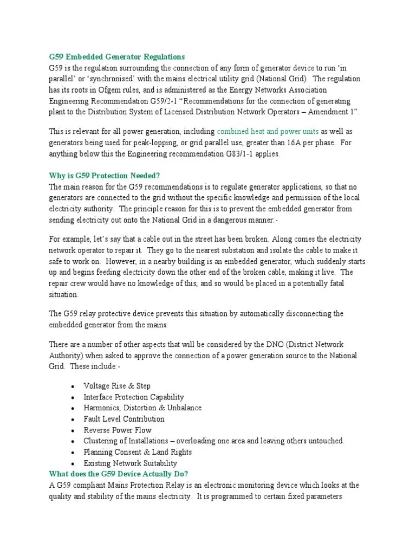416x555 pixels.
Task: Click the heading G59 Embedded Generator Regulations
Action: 116,57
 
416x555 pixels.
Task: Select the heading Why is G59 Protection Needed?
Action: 105,176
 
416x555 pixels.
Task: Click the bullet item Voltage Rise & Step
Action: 117,386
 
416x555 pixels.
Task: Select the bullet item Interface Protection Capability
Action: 134,397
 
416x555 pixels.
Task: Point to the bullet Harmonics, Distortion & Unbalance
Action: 142,408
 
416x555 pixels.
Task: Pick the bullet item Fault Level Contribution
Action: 124,419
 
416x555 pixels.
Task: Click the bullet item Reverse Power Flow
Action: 118,430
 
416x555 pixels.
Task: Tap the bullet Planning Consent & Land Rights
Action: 138,452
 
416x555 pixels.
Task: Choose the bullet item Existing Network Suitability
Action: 130,463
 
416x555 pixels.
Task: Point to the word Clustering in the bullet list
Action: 101,441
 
